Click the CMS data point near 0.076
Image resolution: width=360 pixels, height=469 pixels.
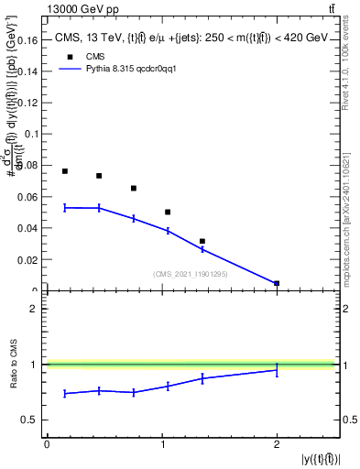coord(65,171)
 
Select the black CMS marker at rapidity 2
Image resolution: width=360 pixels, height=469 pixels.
coord(277,284)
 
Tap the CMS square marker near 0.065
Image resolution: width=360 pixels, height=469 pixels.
coord(134,189)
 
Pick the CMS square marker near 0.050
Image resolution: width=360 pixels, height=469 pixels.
coord(168,212)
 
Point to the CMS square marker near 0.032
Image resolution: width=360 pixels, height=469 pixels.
coord(202,241)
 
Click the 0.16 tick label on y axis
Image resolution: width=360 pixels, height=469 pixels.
coord(28,39)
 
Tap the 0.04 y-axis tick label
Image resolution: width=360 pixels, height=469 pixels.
coord(28,229)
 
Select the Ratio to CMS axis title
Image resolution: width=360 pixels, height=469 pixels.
coord(13,365)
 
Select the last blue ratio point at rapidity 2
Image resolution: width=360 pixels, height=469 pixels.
coord(277,370)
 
